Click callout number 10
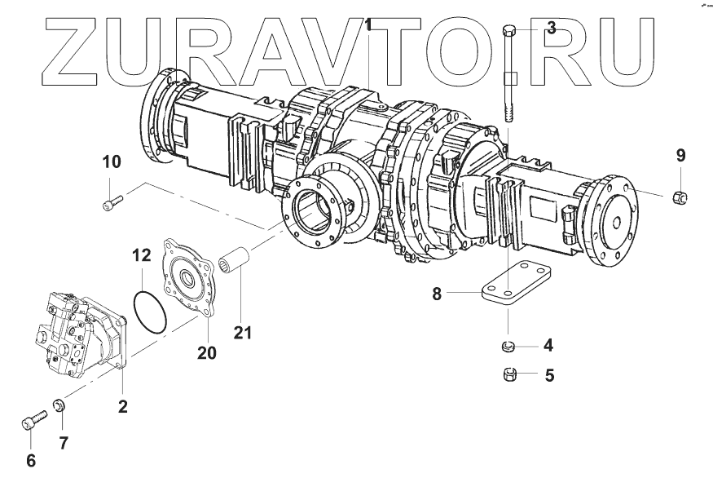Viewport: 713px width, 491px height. (x=111, y=161)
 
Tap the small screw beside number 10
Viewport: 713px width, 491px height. (x=112, y=201)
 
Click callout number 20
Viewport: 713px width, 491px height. (x=206, y=352)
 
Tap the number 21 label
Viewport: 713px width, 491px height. (x=242, y=333)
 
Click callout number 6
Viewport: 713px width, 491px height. (x=31, y=461)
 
